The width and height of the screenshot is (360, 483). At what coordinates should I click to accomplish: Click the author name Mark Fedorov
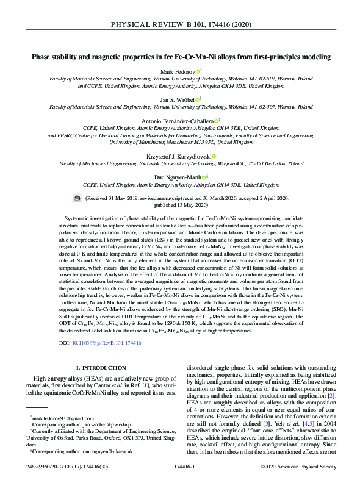click(176, 72)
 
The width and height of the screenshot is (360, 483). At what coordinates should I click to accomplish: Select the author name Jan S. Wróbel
click(178, 99)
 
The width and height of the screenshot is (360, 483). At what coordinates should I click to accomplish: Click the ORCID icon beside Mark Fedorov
click(197, 72)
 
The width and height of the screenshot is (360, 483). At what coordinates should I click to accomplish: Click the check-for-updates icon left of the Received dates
click(77, 199)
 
